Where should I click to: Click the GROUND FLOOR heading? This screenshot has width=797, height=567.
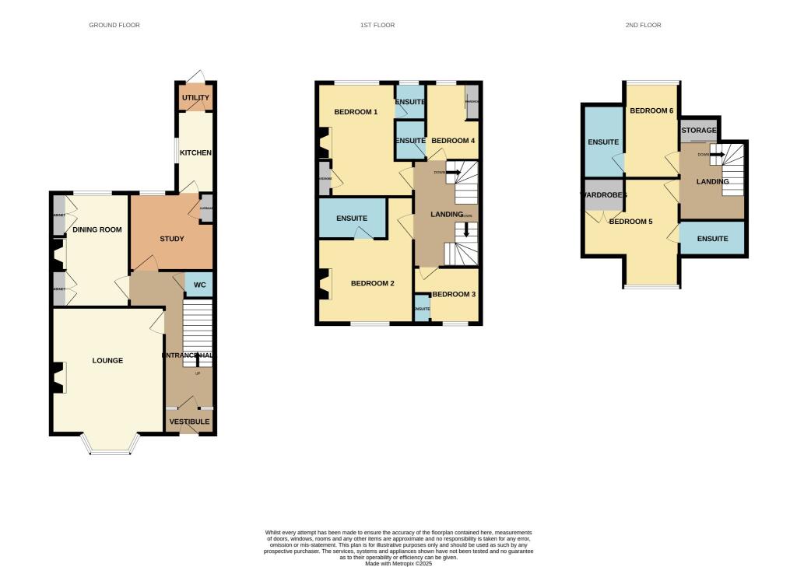(x=114, y=26)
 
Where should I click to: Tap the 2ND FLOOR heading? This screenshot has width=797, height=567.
(x=643, y=26)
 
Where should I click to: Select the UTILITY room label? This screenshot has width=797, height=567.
(x=195, y=98)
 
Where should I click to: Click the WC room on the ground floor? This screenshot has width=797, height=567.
(x=199, y=285)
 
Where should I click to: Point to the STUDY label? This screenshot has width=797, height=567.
(x=171, y=239)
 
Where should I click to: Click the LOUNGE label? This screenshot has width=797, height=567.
(x=107, y=361)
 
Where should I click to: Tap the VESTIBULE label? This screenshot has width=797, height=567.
(x=189, y=422)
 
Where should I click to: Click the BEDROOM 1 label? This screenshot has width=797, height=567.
(x=356, y=112)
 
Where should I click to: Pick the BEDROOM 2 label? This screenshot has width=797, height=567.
(x=372, y=283)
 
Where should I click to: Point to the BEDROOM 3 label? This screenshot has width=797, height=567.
(x=454, y=294)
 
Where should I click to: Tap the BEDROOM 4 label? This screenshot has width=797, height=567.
(x=453, y=141)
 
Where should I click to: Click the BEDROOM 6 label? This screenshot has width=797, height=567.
(x=651, y=111)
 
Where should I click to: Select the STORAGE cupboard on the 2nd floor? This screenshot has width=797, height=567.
(x=698, y=131)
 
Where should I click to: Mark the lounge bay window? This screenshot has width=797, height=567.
(x=111, y=445)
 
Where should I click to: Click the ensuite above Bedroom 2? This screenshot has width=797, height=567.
(x=352, y=219)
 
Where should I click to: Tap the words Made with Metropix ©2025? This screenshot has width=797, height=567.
(x=398, y=562)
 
